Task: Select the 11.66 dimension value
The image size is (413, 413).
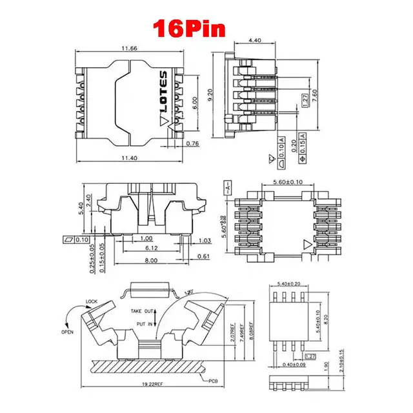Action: [128, 48]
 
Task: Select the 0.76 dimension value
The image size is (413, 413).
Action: [193, 144]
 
